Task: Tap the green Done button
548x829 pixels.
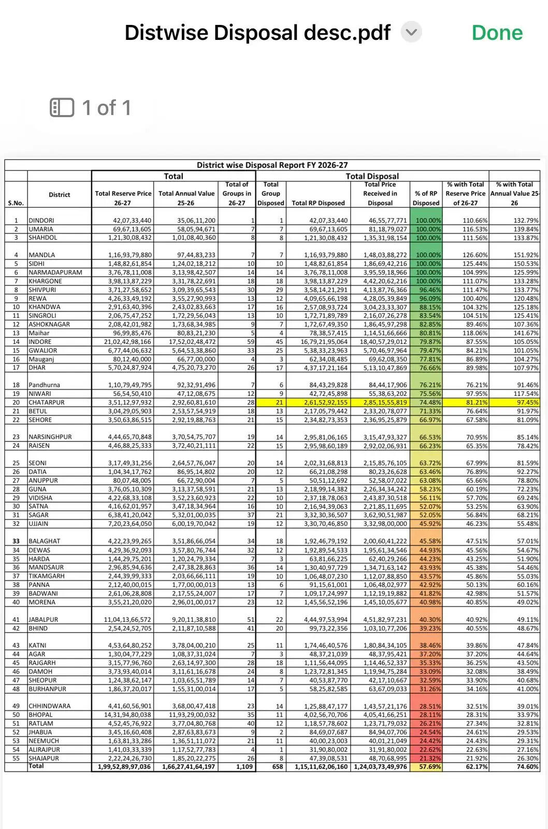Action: tap(497, 33)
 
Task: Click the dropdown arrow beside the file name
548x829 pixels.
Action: tap(411, 32)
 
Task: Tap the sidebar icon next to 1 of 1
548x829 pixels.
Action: tap(62, 108)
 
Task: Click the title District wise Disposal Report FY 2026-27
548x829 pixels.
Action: tap(272, 165)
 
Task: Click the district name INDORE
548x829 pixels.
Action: tap(40, 341)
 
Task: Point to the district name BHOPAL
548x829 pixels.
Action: tap(40, 714)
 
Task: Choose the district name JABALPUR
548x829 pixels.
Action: tap(44, 619)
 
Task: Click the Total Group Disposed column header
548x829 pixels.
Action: tap(270, 194)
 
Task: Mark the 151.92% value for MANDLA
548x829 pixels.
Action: tap(526, 255)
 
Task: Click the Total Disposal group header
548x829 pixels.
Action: tap(372, 176)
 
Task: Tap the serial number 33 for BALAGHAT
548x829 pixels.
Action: tap(16, 541)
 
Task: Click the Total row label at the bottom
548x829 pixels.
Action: tap(36, 766)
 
